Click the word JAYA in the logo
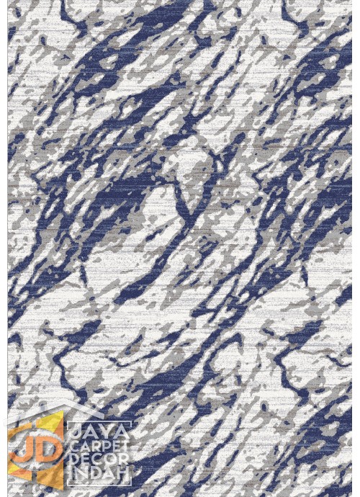pos(98,432)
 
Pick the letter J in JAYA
pos(74,432)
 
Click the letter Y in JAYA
pos(106,432)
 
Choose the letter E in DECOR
pos(84,462)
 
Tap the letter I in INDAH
pos(71,476)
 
